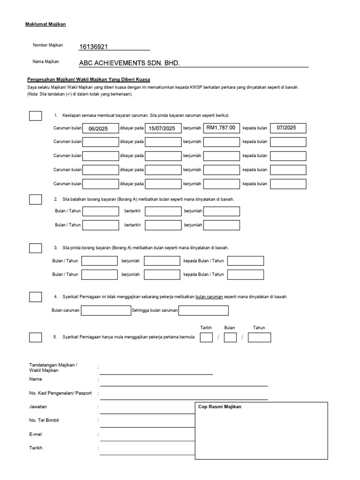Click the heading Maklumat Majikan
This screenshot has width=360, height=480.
pos(45,24)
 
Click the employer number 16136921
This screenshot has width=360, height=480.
pos(94,46)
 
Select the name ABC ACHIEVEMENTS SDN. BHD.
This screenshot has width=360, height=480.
pos(129,63)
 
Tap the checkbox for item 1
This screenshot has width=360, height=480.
pos(35,116)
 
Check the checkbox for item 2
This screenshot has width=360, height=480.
pos(35,200)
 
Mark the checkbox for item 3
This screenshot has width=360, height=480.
pos(35,248)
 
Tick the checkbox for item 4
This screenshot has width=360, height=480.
pos(35,297)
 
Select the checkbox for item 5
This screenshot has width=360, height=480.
pos(35,337)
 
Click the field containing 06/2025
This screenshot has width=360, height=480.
pos(101,128)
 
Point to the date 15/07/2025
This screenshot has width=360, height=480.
pos(162,128)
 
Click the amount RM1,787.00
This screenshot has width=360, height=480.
pos(222,128)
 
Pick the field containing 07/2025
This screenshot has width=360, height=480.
pos(288,128)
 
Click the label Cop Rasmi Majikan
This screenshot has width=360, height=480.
pos(220,407)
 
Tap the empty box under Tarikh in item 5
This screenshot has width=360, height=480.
pos(206,337)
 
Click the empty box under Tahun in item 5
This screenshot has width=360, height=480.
pos(259,337)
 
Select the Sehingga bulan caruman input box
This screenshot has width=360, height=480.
pos(203,310)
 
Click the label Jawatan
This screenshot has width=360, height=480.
pos(38,406)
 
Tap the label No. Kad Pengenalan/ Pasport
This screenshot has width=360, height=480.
pos(60,393)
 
